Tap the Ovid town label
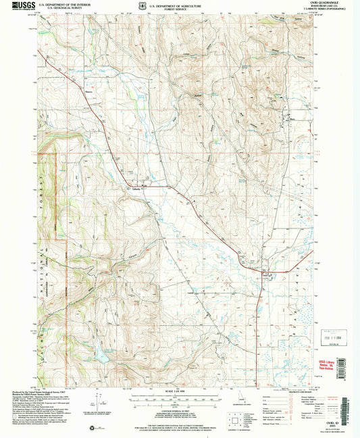[x=265, y=274]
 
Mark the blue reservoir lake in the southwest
[x=102, y=351]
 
